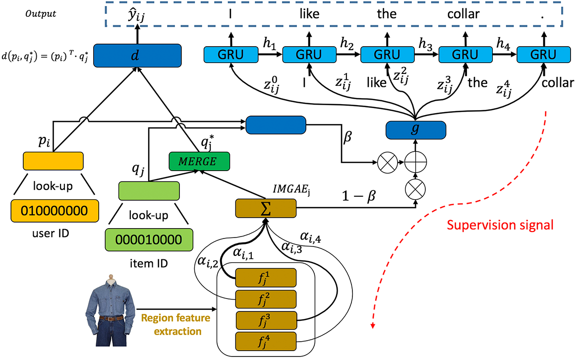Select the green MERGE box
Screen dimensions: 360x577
pos(199,161)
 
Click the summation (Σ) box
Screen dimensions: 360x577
pos(265,209)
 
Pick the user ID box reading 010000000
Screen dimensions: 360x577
pos(53,212)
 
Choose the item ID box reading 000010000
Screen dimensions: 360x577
pos(149,240)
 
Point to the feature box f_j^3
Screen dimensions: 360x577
pos(265,320)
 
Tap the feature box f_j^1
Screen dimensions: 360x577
pos(265,277)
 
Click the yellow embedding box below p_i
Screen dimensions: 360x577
pos(53,161)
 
